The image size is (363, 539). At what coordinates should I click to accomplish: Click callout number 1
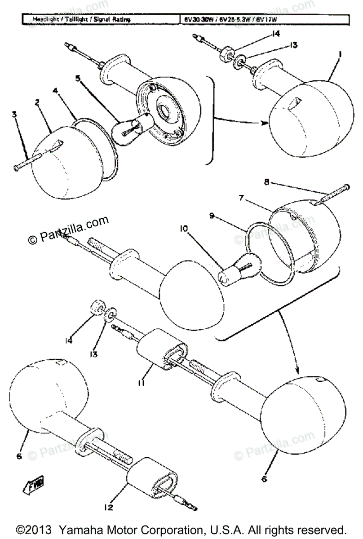[341, 54]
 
